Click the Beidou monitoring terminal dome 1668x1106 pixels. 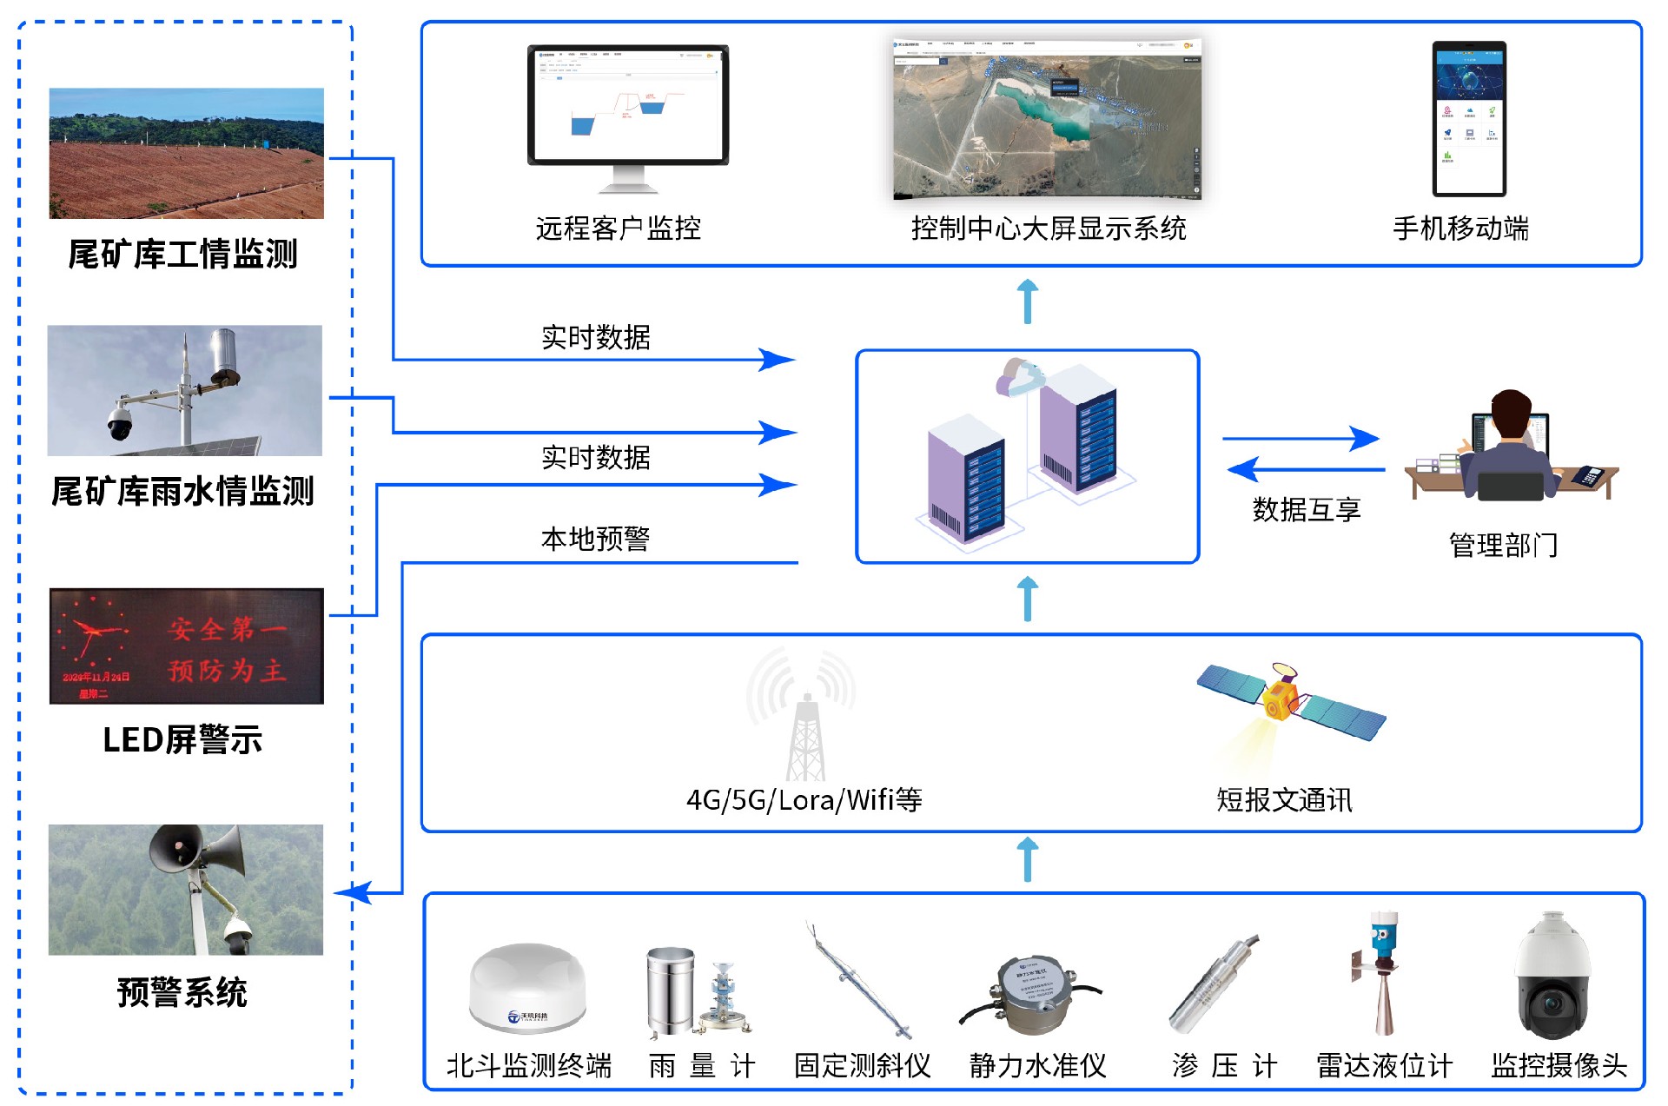tap(527, 988)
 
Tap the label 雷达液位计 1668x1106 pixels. tap(1384, 1065)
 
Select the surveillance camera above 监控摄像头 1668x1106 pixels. tap(1554, 977)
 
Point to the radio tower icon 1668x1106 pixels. tap(804, 721)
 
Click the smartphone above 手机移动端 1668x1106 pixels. tap(1468, 119)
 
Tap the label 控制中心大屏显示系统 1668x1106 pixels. tap(1048, 228)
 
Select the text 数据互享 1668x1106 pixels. tap(1306, 509)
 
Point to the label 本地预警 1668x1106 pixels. tap(595, 539)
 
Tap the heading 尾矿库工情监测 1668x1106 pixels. tap(182, 255)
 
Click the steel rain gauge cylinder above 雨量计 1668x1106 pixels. tap(670, 991)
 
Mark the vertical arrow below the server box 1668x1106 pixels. tap(1027, 599)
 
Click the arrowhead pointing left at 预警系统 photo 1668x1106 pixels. tap(353, 892)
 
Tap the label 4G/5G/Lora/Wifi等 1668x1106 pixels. tap(804, 799)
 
